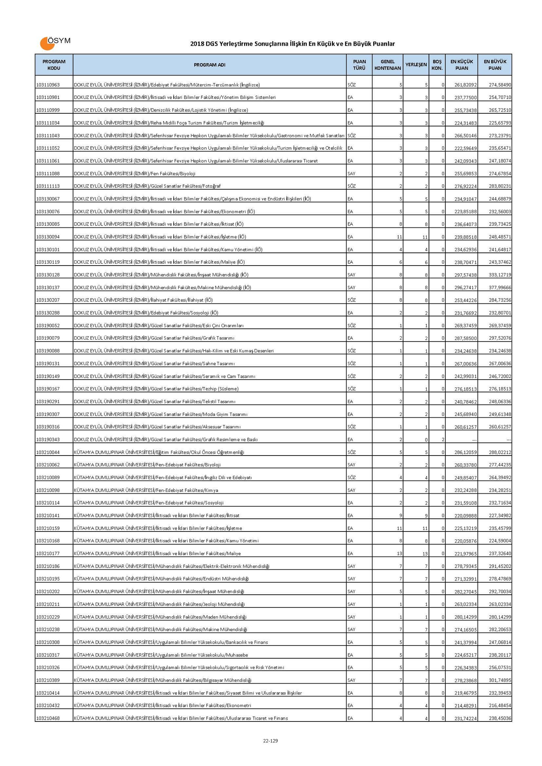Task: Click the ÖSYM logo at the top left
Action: (x=55, y=43)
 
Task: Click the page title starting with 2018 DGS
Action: (x=292, y=44)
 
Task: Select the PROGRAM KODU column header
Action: (x=54, y=65)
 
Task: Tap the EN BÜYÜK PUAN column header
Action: (x=495, y=65)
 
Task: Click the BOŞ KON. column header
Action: (x=437, y=65)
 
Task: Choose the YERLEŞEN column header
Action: (x=416, y=65)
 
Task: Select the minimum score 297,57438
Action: (x=465, y=275)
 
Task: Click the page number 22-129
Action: (x=270, y=741)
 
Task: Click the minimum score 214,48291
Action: (x=465, y=705)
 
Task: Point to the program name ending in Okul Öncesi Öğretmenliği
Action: (x=159, y=452)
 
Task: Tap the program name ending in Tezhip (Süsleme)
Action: (x=156, y=389)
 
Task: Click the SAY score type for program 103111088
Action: (x=351, y=174)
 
